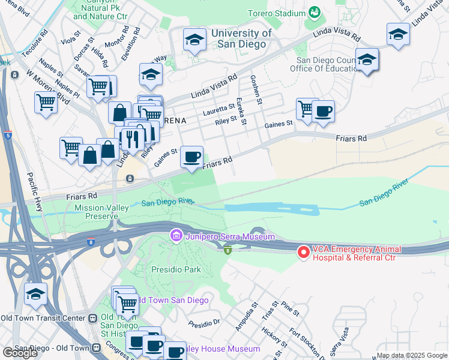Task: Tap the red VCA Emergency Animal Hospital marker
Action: click(x=304, y=253)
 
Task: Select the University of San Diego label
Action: click(x=240, y=39)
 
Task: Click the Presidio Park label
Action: click(x=176, y=269)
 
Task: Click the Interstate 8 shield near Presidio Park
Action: click(x=228, y=250)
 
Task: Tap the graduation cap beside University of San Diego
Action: click(x=193, y=40)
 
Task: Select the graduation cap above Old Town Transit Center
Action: click(x=36, y=295)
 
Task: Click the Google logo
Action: click(x=20, y=352)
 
